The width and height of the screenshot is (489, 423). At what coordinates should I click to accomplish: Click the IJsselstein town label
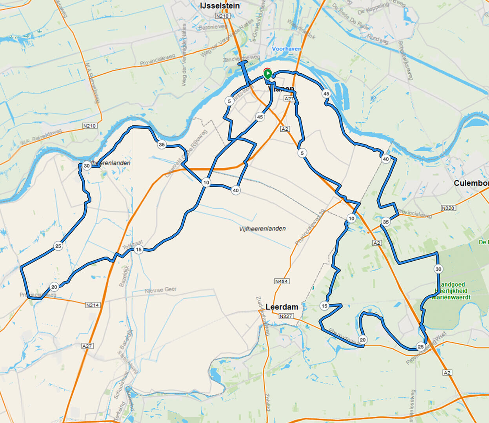[219, 6]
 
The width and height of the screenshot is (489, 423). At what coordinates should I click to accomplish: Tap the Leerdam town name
[282, 307]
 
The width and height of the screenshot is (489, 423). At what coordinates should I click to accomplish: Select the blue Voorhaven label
[287, 49]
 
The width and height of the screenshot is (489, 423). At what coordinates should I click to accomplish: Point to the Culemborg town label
[471, 183]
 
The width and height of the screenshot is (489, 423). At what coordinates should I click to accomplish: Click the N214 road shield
[93, 305]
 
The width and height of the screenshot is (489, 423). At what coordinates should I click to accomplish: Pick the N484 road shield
[282, 282]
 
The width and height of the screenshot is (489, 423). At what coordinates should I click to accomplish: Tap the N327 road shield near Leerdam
[286, 316]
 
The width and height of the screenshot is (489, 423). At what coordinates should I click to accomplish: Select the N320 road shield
[448, 208]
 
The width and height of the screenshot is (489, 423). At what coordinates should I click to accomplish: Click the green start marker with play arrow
[267, 74]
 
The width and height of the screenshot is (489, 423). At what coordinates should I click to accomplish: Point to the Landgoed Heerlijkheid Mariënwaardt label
[451, 291]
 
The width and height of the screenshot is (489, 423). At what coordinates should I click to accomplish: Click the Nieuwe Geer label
[161, 290]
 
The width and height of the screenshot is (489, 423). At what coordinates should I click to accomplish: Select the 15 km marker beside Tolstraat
[138, 249]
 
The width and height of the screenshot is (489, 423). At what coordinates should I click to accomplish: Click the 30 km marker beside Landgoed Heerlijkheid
[438, 269]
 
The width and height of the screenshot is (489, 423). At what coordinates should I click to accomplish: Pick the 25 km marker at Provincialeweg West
[420, 347]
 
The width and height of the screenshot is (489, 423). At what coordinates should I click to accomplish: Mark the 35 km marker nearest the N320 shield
[386, 222]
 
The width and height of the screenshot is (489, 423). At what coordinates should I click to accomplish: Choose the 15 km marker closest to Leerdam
[324, 306]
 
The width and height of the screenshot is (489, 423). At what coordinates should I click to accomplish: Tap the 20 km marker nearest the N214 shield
[54, 287]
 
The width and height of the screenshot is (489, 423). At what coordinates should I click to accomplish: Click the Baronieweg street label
[213, 27]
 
